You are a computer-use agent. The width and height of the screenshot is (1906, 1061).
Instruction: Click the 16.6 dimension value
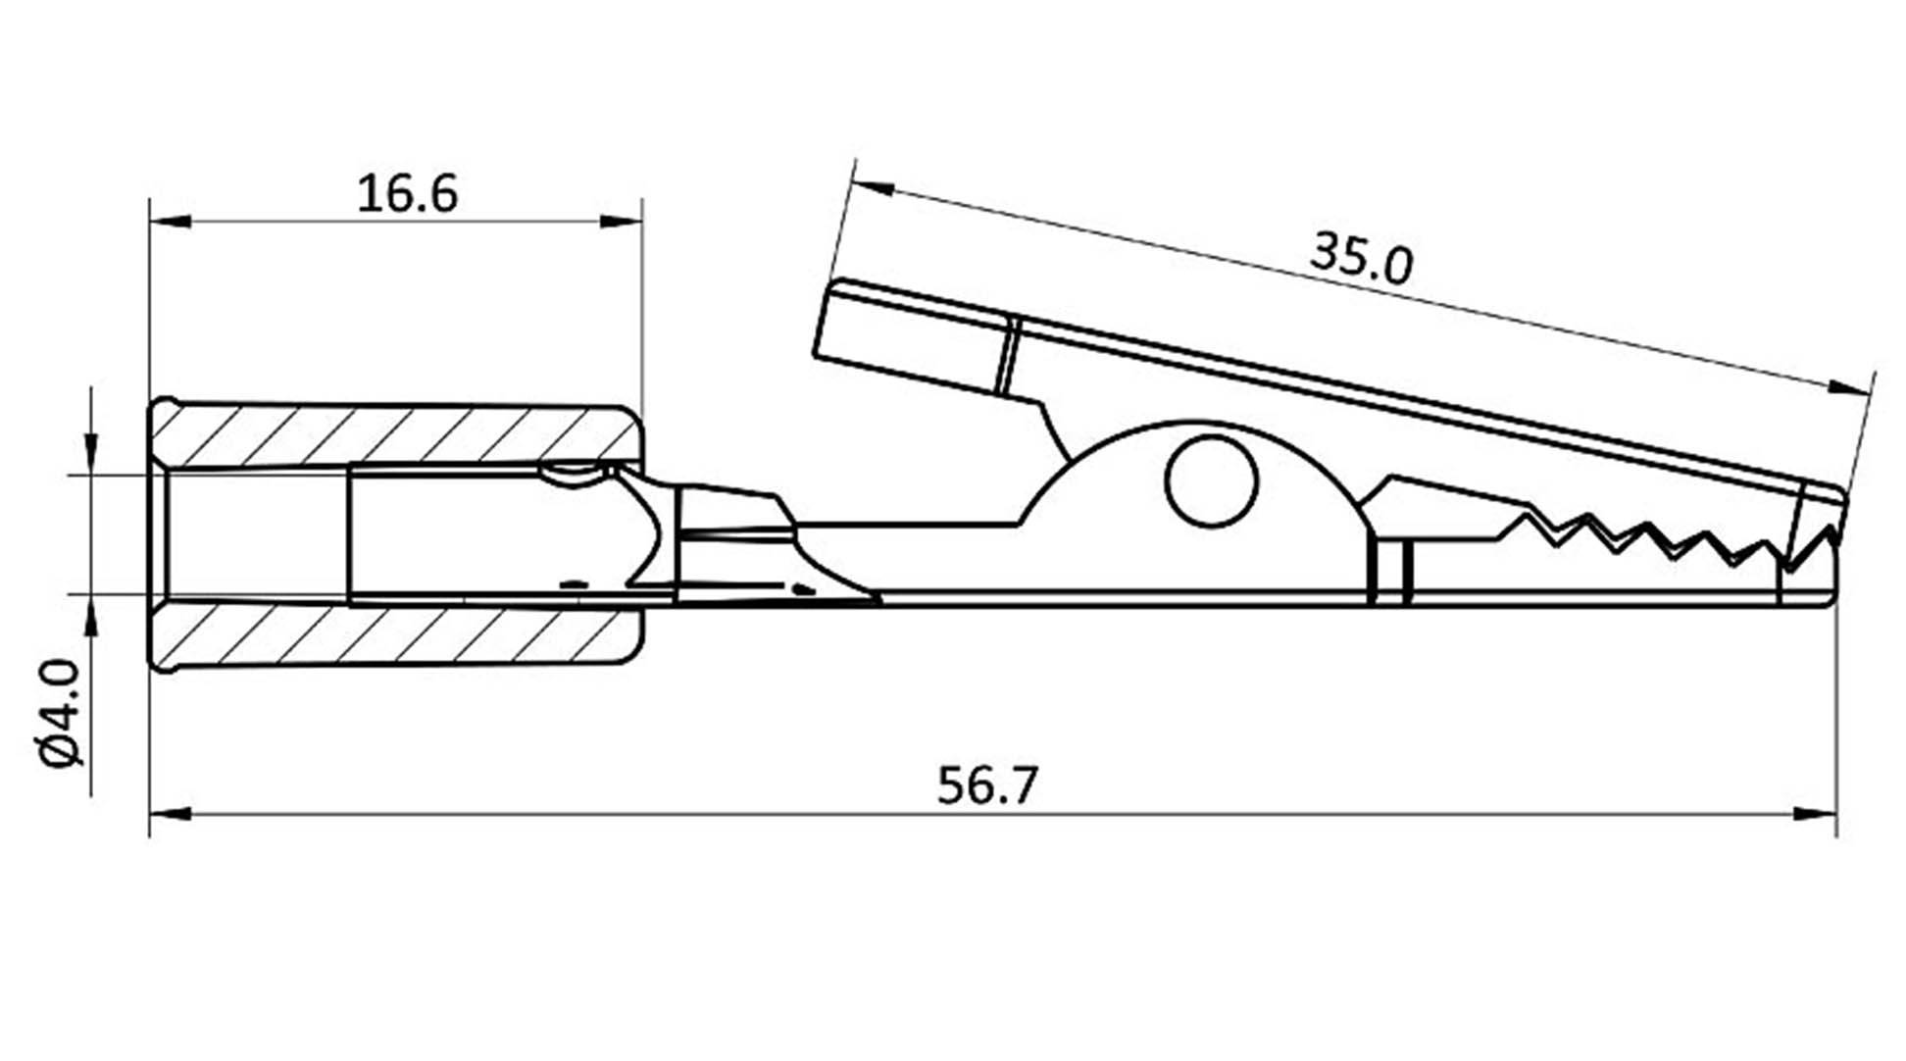tap(407, 193)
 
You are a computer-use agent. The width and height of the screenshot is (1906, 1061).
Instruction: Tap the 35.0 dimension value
tap(1363, 259)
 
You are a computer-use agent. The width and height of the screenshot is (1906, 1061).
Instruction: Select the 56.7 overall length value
tap(986, 785)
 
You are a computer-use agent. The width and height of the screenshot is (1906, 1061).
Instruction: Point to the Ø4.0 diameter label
tap(61, 713)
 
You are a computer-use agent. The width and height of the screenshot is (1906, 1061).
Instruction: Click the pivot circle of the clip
tap(1212, 481)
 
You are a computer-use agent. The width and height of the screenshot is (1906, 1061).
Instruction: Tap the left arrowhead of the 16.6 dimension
tap(170, 222)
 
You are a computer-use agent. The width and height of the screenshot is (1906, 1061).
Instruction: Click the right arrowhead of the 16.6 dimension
tap(621, 222)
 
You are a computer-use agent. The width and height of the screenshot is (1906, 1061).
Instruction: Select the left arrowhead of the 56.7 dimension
tap(170, 813)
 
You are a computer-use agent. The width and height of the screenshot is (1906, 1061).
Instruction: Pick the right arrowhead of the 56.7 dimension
tap(1816, 813)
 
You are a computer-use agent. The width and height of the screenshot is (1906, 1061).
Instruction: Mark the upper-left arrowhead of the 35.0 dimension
tap(874, 186)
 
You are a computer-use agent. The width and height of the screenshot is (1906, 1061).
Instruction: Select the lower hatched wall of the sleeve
tap(396, 635)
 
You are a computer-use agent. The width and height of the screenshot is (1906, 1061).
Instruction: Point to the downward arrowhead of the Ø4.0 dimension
tap(91, 455)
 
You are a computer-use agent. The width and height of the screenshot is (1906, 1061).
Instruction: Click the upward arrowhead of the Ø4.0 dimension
tap(91, 616)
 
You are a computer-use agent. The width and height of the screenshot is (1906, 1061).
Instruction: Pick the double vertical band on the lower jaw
tap(1391, 570)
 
